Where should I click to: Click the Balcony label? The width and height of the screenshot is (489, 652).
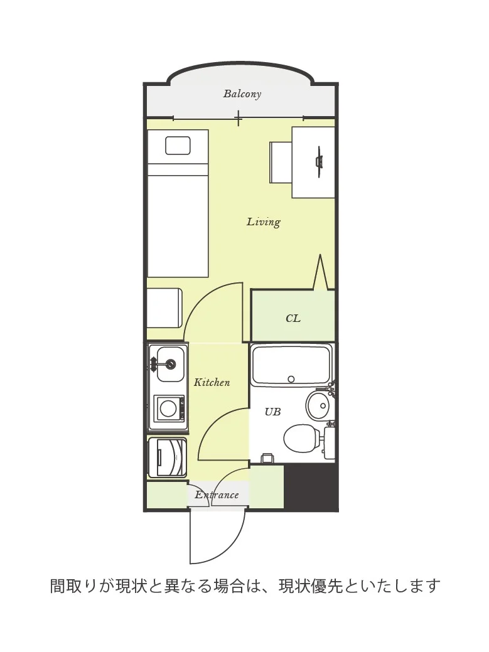pyautogui.click(x=242, y=94)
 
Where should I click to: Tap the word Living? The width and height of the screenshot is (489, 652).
pyautogui.click(x=264, y=222)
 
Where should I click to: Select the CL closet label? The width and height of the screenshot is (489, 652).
pyautogui.click(x=293, y=319)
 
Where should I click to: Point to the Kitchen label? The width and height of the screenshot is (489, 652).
pyautogui.click(x=212, y=382)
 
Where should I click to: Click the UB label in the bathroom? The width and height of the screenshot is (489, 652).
pyautogui.click(x=273, y=412)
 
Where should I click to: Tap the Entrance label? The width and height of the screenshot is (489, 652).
pyautogui.click(x=217, y=495)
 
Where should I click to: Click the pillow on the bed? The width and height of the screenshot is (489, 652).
pyautogui.click(x=178, y=146)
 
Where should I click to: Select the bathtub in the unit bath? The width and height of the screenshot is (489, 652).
pyautogui.click(x=291, y=365)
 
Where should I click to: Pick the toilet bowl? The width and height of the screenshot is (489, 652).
pyautogui.click(x=301, y=438)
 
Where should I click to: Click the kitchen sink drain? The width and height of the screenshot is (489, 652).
pyautogui.click(x=171, y=365)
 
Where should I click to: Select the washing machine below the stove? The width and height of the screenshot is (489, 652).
pyautogui.click(x=168, y=457)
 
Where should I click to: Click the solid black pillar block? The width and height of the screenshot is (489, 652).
pyautogui.click(x=311, y=486)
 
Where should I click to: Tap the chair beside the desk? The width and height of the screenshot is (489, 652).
pyautogui.click(x=281, y=162)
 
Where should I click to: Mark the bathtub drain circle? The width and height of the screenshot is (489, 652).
pyautogui.click(x=291, y=379)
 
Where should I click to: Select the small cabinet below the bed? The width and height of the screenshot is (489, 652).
pyautogui.click(x=164, y=308)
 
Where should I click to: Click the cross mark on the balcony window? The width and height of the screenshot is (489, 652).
pyautogui.click(x=239, y=118)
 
